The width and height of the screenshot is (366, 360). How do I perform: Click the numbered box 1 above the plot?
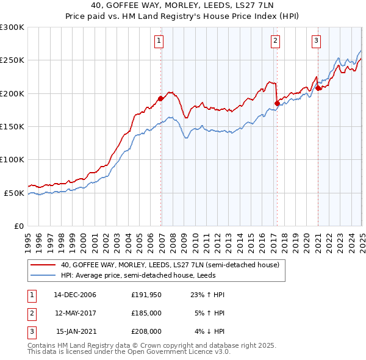[159, 41]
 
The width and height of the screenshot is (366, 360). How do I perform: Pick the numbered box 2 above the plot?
[276, 41]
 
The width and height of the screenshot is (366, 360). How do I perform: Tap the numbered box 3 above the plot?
[317, 41]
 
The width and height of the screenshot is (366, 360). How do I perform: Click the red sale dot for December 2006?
[160, 98]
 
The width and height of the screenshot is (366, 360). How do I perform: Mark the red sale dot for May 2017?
[277, 103]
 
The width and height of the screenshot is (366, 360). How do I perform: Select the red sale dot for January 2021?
[318, 88]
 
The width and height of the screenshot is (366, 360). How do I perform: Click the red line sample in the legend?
[43, 265]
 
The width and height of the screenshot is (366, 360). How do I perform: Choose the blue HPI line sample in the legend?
[43, 275]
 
